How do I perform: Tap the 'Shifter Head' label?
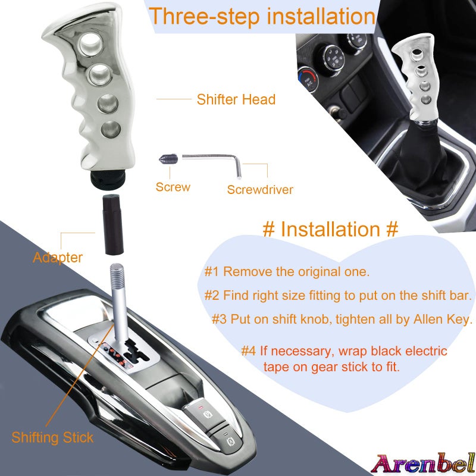click(x=236, y=99)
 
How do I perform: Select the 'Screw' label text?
click(x=173, y=187)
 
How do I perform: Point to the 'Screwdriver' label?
click(x=260, y=190)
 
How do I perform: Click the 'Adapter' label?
click(x=58, y=258)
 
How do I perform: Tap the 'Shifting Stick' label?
click(x=52, y=438)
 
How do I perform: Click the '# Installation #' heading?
click(x=330, y=229)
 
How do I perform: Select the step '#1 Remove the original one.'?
click(x=287, y=272)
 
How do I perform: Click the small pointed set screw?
click(x=166, y=159)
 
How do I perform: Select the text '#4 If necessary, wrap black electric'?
click(x=344, y=351)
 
